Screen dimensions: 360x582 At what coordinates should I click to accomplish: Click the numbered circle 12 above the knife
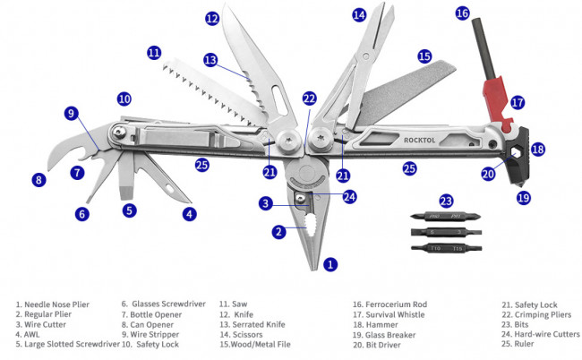click(x=211, y=17)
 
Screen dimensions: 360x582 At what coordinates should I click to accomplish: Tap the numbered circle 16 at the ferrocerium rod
click(x=462, y=13)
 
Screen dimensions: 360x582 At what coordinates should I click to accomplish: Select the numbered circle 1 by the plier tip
click(x=330, y=264)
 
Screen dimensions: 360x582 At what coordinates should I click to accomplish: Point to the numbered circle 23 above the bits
click(x=446, y=201)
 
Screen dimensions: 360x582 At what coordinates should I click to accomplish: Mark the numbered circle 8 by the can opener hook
click(x=38, y=179)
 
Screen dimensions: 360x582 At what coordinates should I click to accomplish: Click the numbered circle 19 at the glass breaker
click(x=524, y=197)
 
